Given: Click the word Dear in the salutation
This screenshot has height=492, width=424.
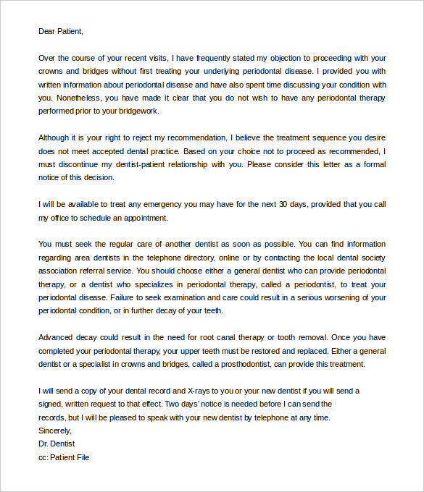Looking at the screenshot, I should [47, 31].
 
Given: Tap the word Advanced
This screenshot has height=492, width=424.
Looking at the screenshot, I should [56, 337].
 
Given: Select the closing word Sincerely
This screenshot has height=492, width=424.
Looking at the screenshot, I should [55, 430].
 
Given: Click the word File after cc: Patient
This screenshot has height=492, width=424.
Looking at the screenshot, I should [82, 457].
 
